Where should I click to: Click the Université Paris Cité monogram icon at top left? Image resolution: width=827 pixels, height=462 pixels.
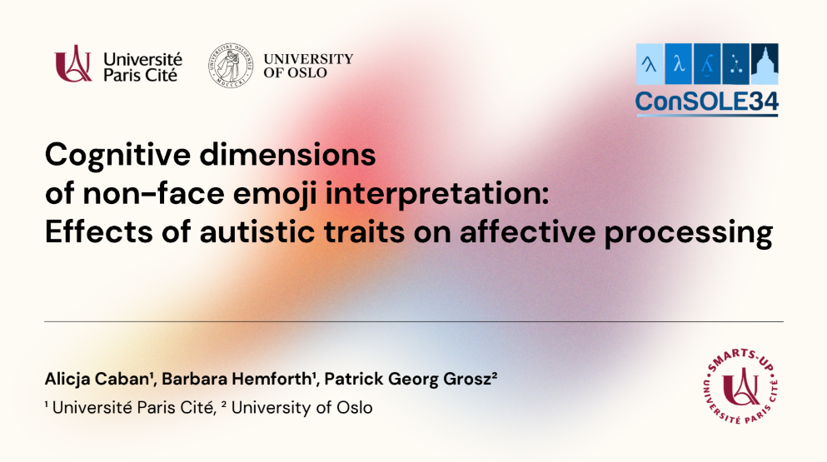[x=72, y=64]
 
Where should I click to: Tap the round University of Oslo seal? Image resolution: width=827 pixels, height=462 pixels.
[x=231, y=66]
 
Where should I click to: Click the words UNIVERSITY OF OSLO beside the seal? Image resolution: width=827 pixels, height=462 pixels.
[x=308, y=66]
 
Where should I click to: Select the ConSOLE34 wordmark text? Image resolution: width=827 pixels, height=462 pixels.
[x=707, y=102]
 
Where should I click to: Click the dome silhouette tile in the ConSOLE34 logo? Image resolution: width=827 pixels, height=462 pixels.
[x=765, y=64]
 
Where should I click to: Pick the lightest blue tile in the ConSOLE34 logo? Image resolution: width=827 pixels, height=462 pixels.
[x=650, y=64]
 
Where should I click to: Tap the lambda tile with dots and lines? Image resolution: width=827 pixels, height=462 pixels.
[x=735, y=64]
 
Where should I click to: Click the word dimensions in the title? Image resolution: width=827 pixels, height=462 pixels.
[x=287, y=155]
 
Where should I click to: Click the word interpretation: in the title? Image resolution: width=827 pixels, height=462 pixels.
[x=437, y=195]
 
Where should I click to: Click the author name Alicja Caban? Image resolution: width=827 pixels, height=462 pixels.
[x=98, y=380]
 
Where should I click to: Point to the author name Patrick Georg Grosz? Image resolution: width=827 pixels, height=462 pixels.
[x=409, y=380]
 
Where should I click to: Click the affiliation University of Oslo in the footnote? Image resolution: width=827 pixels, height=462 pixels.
[x=301, y=408]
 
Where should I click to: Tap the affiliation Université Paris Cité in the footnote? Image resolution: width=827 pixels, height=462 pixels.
[x=133, y=408]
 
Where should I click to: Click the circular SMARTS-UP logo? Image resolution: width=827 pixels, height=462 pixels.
[x=741, y=386]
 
